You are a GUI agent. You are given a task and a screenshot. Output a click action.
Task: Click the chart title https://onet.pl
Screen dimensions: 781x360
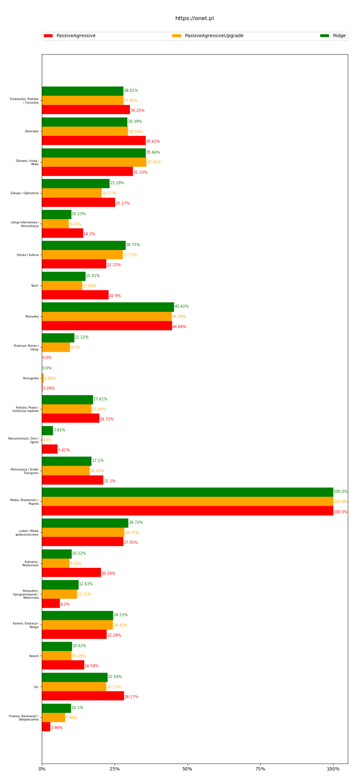click(194, 18)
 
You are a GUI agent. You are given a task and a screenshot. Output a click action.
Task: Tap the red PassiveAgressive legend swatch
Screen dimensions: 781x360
click(48, 36)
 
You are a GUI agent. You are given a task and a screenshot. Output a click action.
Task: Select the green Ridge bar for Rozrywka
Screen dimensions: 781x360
click(108, 307)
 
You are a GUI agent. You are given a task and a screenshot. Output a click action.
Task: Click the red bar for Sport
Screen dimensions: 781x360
click(75, 295)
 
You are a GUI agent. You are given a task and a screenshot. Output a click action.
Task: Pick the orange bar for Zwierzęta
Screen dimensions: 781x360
click(85, 131)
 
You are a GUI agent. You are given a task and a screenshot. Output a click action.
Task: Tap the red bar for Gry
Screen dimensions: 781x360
click(83, 696)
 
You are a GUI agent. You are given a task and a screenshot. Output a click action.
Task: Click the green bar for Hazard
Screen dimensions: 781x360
click(57, 646)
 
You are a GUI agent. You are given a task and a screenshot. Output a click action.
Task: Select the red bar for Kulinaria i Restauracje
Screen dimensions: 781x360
click(71, 572)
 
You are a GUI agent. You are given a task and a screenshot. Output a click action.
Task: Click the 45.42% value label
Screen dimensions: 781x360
click(181, 306)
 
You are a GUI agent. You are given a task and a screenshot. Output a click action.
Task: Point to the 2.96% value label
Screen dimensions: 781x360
click(57, 727)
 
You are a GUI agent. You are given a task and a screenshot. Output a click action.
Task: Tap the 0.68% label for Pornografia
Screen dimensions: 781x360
click(50, 378)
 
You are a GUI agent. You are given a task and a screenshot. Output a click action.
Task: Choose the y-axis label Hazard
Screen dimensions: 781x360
click(34, 656)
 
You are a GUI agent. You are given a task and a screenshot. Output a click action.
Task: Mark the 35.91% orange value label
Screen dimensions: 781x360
click(154, 162)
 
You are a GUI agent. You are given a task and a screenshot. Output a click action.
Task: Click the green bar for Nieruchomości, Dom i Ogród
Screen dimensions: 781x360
click(47, 430)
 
